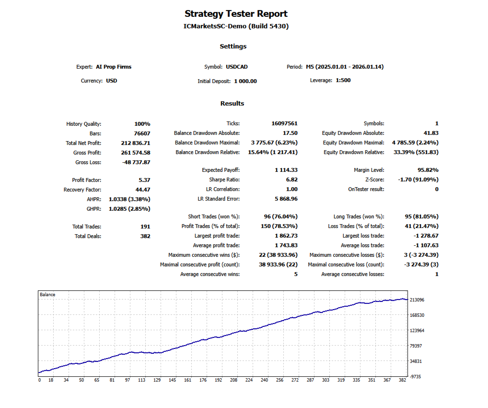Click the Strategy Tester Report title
(x=236, y=14)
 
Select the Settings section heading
(x=233, y=47)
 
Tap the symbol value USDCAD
(x=236, y=67)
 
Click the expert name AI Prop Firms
(x=114, y=67)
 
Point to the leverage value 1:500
(x=343, y=80)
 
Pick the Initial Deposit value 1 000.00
(x=245, y=81)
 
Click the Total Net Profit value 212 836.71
(x=136, y=143)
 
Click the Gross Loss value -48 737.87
(x=136, y=162)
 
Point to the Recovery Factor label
(x=82, y=190)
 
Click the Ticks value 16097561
(x=284, y=123)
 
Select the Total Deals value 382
(x=145, y=236)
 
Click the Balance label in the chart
(x=47, y=295)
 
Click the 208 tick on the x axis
(x=233, y=380)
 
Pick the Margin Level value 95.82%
(x=428, y=170)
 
